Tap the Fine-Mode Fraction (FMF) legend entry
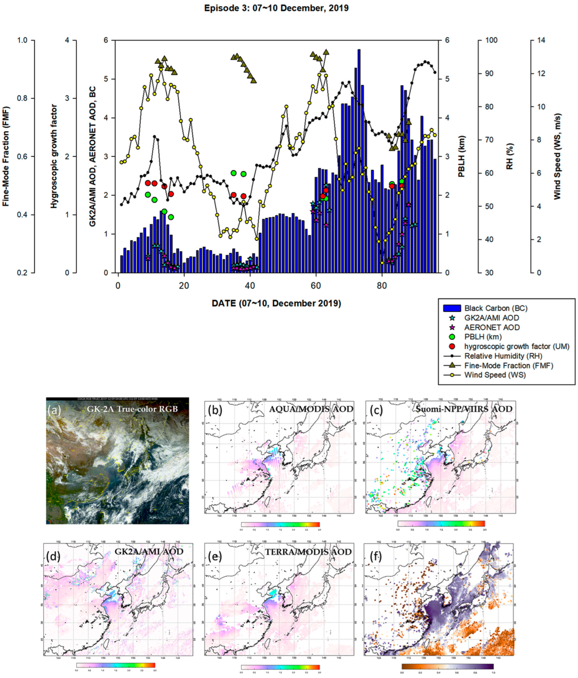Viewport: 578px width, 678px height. (508, 365)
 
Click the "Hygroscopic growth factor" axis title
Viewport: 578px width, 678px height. (54, 156)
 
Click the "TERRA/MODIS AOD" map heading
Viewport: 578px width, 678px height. (308, 552)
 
